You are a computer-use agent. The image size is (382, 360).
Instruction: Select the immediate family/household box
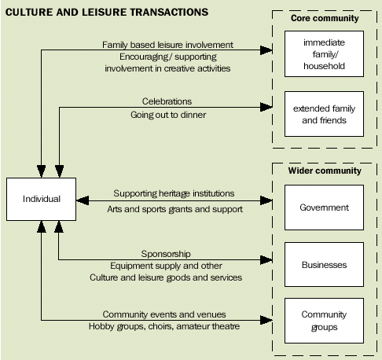coord(325,56)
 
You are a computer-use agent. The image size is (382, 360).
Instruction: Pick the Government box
coord(324,208)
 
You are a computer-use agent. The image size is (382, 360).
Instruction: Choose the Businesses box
coord(324,265)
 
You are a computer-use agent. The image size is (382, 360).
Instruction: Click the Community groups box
coord(324,320)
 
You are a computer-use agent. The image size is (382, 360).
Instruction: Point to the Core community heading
coord(325,18)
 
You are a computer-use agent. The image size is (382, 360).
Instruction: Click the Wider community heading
coord(325,170)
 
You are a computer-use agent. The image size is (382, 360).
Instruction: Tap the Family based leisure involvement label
coord(167,45)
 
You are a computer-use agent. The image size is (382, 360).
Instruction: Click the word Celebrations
coord(167,101)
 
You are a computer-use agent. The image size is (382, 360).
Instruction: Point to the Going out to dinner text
coord(167,115)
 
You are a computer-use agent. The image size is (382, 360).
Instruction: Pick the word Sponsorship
coord(166,255)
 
